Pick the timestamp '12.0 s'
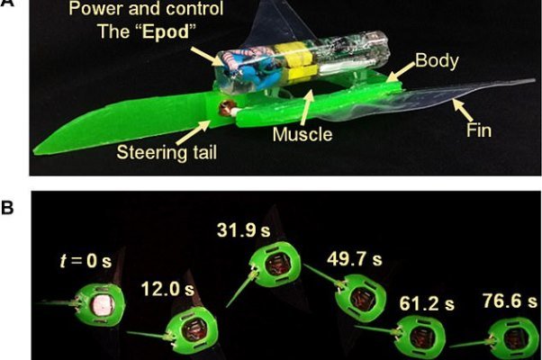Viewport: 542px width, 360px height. [x=168, y=290]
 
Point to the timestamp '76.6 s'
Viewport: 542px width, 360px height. [x=501, y=299]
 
